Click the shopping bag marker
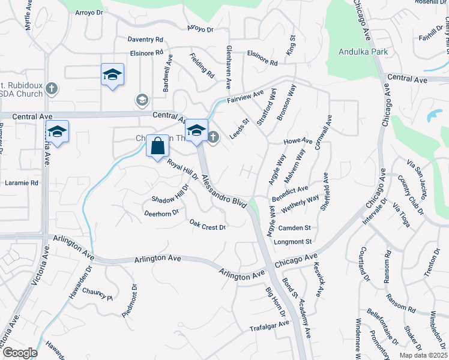tap(157, 146)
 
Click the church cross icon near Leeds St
tap(213, 137)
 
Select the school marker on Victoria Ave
tap(57, 133)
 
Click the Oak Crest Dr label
tap(208, 225)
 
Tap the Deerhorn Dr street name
tap(161, 212)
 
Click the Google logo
tap(20, 353)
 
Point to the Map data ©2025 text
tap(423, 355)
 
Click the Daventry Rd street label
tap(145, 39)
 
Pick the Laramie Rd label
tap(21, 182)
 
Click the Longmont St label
tap(292, 242)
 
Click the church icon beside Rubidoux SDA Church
tap(52, 89)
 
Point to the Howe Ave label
tap(298, 142)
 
